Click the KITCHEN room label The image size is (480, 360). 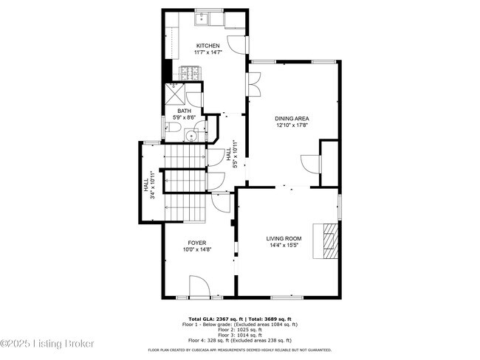[208, 46]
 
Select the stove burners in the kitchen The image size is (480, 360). [188, 72]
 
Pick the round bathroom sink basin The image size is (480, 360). [191, 134]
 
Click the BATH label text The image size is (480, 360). [184, 111]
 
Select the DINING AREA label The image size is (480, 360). [292, 118]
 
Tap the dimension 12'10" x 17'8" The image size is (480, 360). [292, 125]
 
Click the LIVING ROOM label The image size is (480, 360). [284, 238]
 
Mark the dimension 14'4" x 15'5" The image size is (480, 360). [284, 245]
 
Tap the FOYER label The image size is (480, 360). [196, 243]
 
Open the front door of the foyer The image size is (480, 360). [199, 286]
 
